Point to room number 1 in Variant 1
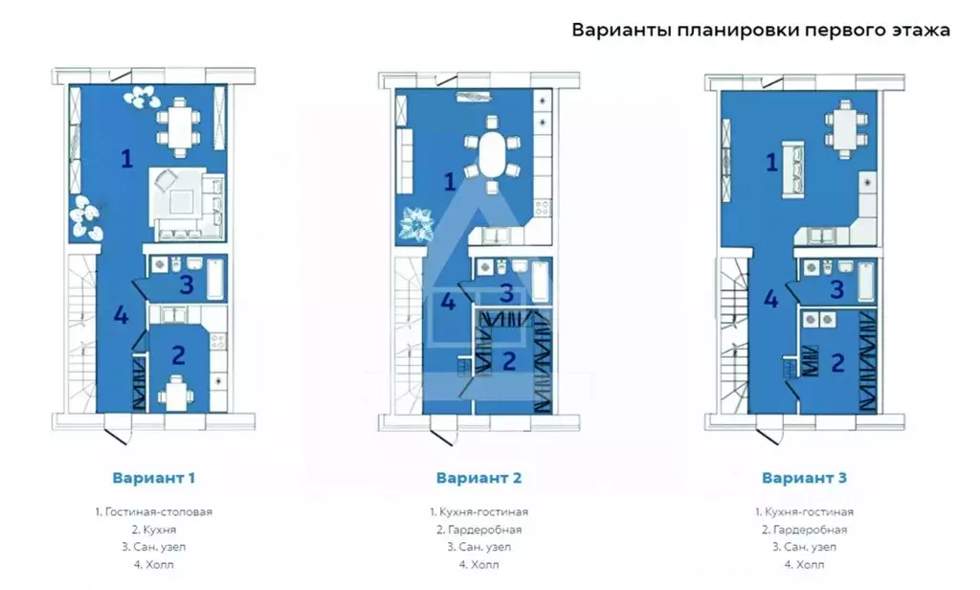(125, 159)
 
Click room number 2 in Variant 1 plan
(178, 355)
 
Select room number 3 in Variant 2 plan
(507, 293)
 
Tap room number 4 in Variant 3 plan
(770, 299)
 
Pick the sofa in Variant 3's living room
(793, 170)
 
